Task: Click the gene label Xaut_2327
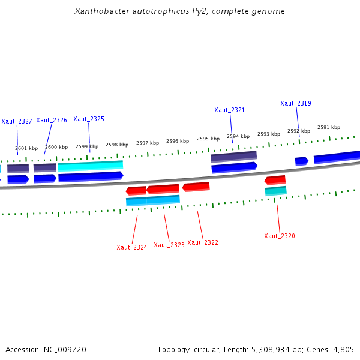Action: [x=17, y=121]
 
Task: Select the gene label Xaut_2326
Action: [x=52, y=120]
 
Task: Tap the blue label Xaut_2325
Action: [x=89, y=119]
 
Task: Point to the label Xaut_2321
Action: [x=230, y=110]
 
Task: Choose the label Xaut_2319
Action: [x=296, y=103]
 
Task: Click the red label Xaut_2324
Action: [x=132, y=247]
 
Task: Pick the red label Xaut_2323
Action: [x=169, y=245]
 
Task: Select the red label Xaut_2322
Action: [x=203, y=242]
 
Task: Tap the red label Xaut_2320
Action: [x=280, y=236]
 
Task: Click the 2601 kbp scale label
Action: [x=26, y=148]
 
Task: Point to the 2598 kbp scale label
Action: [x=117, y=145]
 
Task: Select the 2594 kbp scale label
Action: [x=238, y=136]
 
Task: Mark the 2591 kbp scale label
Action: [x=329, y=127]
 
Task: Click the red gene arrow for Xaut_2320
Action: [x=275, y=180]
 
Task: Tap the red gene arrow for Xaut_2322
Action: [x=196, y=187]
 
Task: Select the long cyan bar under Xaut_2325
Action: [x=91, y=165]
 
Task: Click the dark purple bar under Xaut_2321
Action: [x=233, y=156]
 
